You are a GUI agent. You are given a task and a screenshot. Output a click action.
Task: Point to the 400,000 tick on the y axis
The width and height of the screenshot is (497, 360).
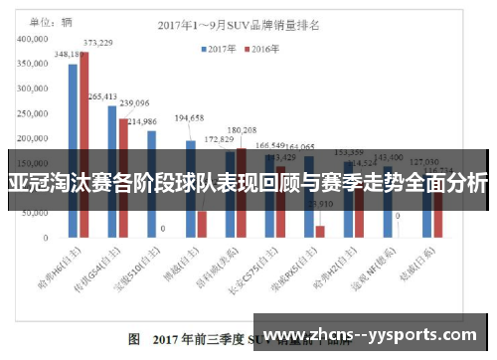click(x=33, y=39)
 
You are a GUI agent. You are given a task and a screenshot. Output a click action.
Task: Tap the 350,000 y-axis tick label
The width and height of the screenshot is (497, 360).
click(x=33, y=63)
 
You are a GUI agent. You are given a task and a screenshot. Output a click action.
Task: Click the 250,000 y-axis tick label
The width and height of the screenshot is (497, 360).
click(x=33, y=112)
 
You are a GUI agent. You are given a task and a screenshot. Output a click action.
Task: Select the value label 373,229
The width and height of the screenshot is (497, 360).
click(x=97, y=43)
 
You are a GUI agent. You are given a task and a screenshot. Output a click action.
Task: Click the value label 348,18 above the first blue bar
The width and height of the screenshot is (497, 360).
click(x=68, y=54)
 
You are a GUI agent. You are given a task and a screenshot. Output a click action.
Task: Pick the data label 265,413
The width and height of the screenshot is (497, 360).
click(x=102, y=96)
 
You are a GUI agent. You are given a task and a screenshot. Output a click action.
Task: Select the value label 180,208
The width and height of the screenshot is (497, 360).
click(x=242, y=130)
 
